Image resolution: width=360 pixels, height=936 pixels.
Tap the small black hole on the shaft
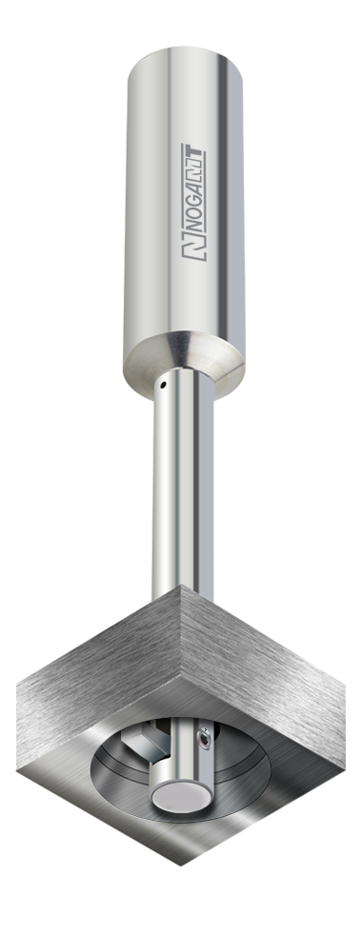tap(163, 385)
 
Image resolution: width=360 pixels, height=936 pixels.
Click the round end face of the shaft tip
tap(178, 797)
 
